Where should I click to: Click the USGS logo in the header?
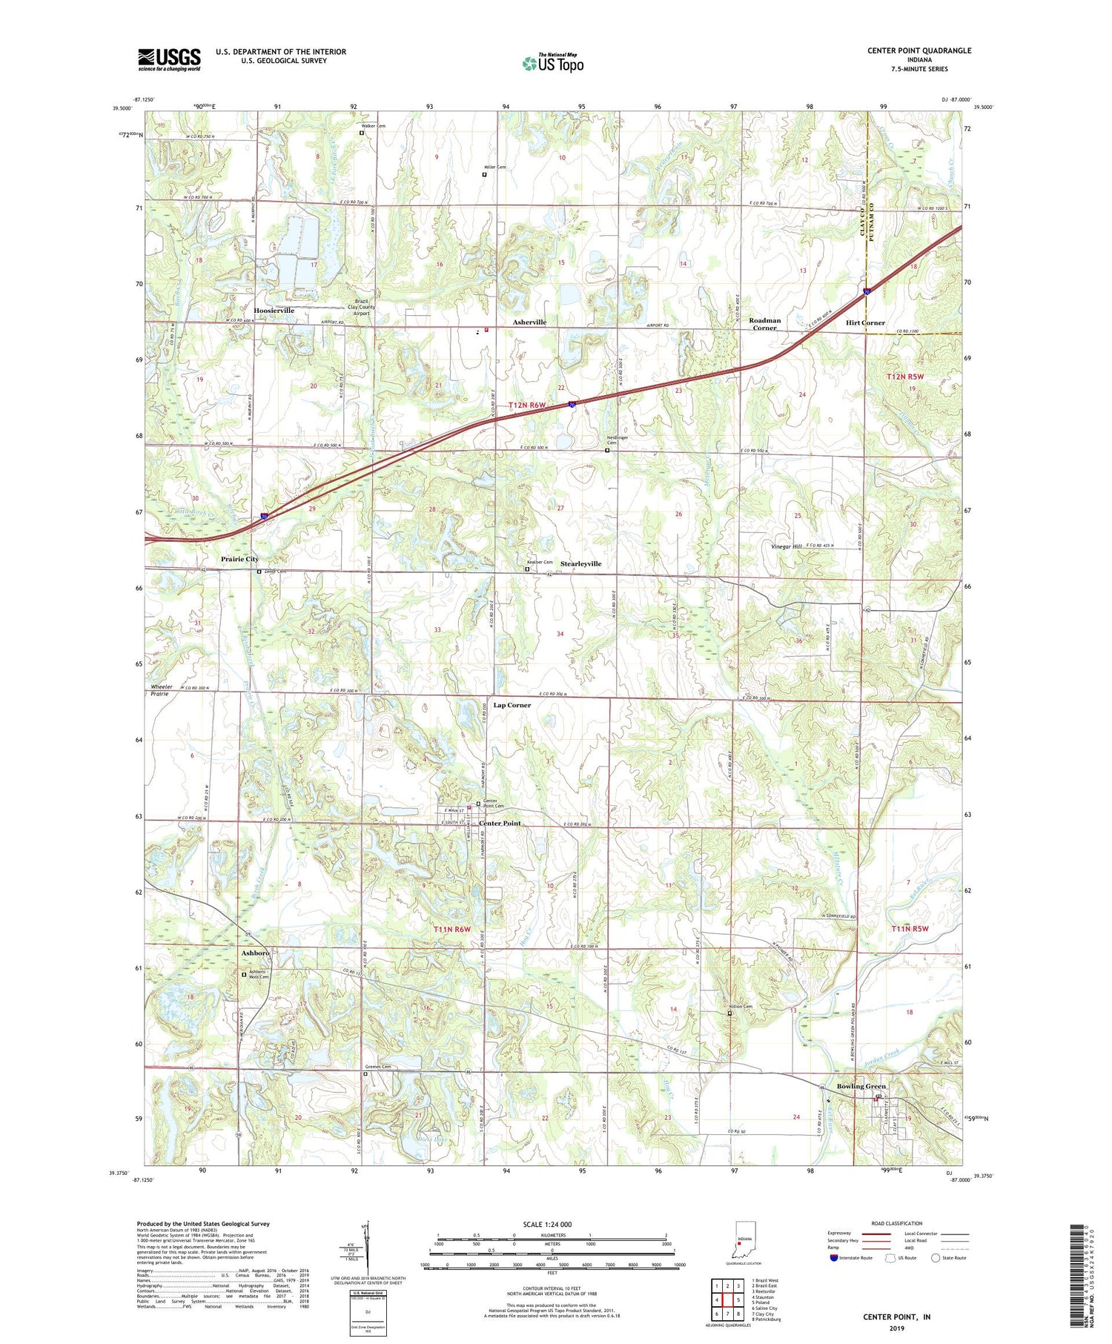tap(169, 59)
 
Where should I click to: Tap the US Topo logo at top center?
tap(552, 63)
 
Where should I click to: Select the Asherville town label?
tap(529, 322)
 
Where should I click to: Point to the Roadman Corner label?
tap(764, 324)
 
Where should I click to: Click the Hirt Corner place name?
tap(865, 323)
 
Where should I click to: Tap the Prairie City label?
tap(239, 559)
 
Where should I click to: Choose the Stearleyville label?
tap(580, 564)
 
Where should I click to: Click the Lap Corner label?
tap(512, 705)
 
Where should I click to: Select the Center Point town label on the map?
tap(500, 824)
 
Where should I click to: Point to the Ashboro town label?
tap(256, 953)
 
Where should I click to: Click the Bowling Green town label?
tap(861, 1087)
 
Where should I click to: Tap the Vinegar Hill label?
tap(787, 546)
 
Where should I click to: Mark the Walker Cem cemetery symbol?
tap(362, 133)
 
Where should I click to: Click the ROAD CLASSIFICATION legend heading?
tap(897, 1223)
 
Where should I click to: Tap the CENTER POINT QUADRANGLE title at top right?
tap(919, 50)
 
